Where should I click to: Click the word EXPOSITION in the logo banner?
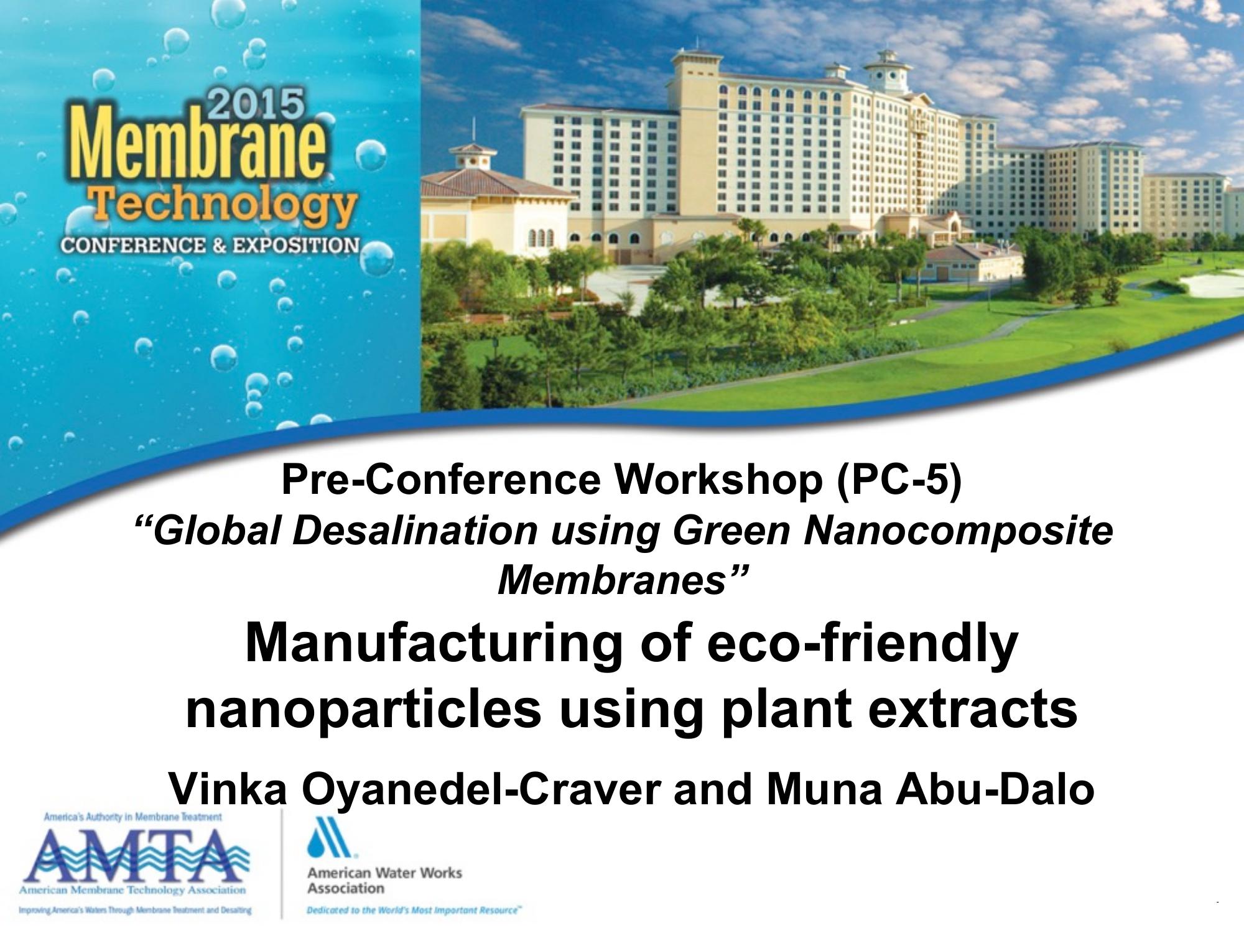click(x=296, y=245)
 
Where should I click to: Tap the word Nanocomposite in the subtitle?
click(x=958, y=532)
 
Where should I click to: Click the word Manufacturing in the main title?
click(x=434, y=644)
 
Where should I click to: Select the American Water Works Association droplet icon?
click(x=328, y=837)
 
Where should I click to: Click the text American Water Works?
click(x=384, y=873)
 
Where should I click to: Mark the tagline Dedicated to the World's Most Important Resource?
click(x=414, y=910)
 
